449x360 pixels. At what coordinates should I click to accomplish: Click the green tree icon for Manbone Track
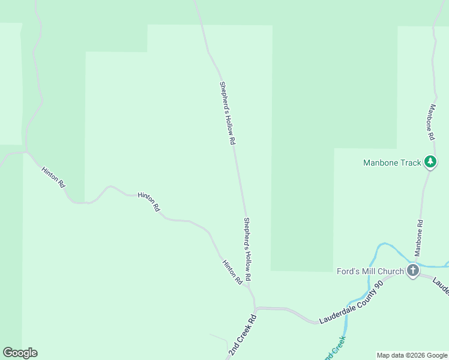(430, 161)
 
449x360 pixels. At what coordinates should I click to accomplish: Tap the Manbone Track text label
(392, 163)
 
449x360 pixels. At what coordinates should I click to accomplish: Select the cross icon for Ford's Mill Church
(412, 271)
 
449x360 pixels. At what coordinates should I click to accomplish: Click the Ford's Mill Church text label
(370, 271)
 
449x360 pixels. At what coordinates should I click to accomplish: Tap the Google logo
(20, 353)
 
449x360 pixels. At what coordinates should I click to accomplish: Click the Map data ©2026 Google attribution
(411, 355)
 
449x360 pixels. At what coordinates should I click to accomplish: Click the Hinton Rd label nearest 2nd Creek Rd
(232, 272)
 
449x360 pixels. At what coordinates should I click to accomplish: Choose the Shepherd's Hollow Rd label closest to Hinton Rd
(247, 250)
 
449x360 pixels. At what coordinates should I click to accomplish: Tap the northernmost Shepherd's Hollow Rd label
(227, 113)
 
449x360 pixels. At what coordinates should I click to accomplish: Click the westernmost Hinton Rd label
(53, 178)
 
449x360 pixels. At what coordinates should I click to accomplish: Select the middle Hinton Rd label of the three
(149, 202)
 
